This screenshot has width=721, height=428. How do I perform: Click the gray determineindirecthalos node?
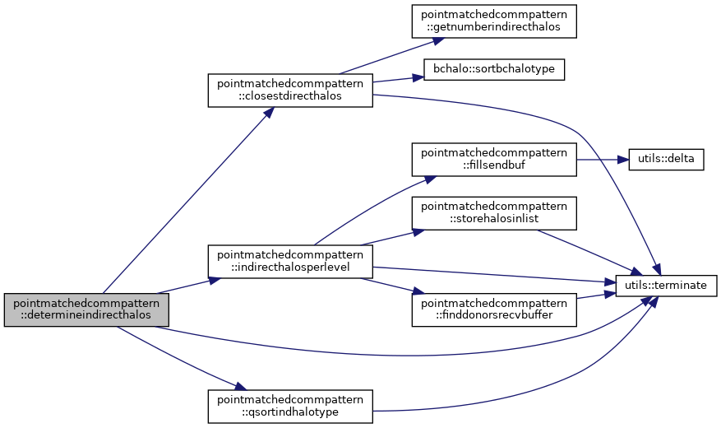[x=86, y=309]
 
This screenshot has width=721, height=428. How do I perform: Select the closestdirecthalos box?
[x=289, y=90]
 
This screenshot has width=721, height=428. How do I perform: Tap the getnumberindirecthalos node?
[x=494, y=21]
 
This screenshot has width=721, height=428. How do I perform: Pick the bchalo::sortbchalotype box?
[x=493, y=69]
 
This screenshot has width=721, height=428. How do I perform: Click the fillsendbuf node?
[x=494, y=159]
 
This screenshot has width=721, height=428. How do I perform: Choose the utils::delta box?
[x=665, y=159]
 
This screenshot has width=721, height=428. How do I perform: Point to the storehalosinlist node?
[x=494, y=213]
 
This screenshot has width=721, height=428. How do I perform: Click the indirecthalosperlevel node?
[x=289, y=261]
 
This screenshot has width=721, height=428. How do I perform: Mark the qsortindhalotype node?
[x=289, y=406]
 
